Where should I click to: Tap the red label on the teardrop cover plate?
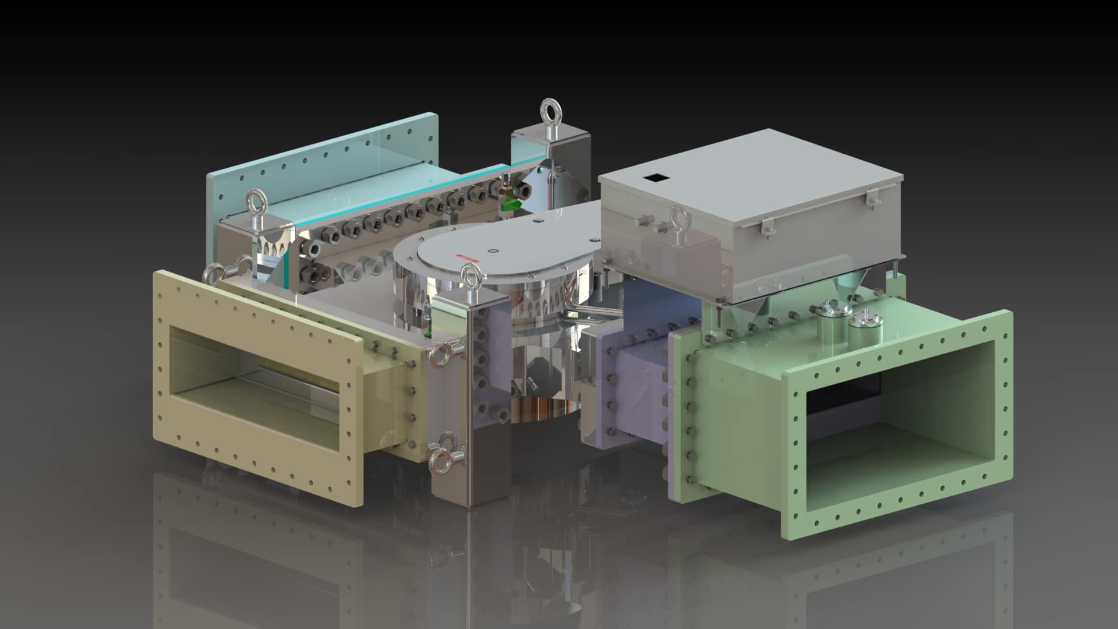click(466, 256)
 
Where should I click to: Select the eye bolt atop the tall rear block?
click(550, 110)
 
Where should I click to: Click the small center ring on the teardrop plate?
click(494, 251)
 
